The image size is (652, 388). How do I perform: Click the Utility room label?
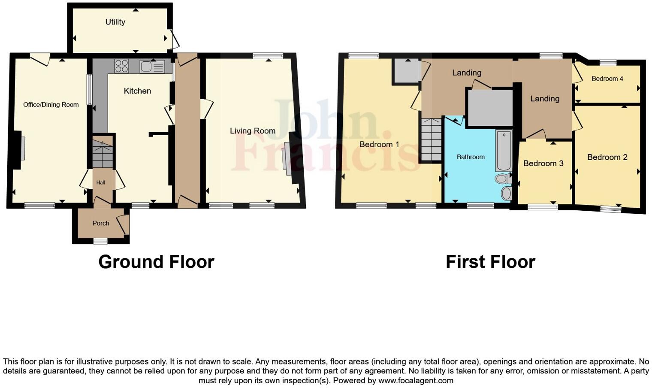(115, 22)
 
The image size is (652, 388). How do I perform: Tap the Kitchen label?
(137, 91)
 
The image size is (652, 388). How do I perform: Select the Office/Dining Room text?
(51, 105)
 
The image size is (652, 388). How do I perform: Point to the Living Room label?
(253, 131)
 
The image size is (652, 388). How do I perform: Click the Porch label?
(101, 223)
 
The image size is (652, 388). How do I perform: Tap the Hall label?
(100, 182)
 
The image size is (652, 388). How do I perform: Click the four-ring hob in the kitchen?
(121, 66)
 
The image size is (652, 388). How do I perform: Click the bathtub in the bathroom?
(504, 151)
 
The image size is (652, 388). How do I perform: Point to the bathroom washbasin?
(507, 193)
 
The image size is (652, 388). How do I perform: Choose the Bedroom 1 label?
(379, 145)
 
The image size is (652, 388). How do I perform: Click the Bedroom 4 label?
(607, 79)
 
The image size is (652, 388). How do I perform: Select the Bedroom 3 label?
(543, 164)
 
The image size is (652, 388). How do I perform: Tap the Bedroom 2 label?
(607, 158)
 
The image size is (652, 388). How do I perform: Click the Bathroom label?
(471, 157)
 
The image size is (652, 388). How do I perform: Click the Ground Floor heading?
(156, 262)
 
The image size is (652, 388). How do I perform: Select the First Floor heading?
(490, 262)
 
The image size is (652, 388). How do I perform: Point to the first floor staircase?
(431, 139)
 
